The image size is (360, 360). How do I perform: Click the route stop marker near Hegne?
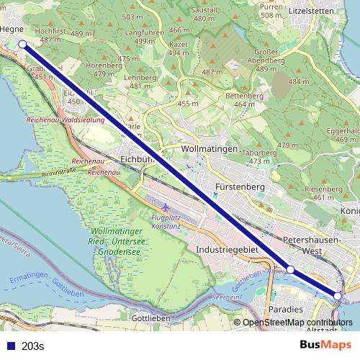coord(22,44)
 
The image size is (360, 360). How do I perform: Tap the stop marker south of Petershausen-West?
coord(290,269)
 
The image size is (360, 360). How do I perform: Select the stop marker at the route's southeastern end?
coord(338,296)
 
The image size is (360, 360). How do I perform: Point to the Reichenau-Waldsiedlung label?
coord(65,120)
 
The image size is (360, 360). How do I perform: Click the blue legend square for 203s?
coord(11,346)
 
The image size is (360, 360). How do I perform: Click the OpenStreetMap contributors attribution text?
coord(298,323)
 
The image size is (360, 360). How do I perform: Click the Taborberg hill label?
coord(259,153)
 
